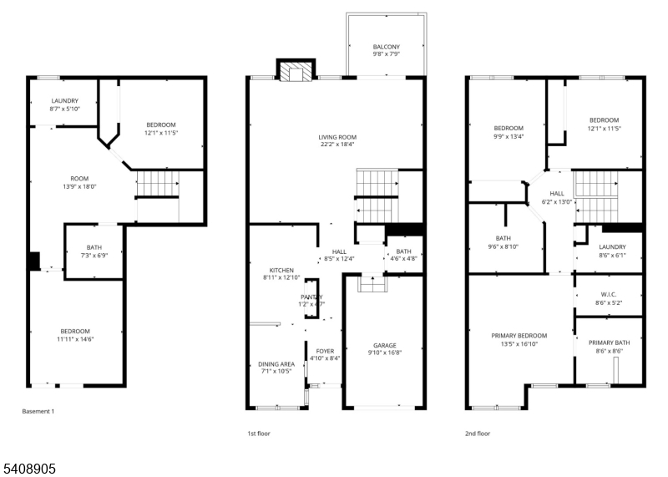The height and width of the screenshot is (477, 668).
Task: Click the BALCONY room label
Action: pos(386,48)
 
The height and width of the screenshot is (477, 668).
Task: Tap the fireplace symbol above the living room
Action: pos(296,73)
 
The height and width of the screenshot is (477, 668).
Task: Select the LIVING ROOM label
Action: pos(337,137)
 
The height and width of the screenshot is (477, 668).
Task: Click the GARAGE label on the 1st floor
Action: pos(384,345)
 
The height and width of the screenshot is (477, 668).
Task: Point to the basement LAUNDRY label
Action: pos(64,101)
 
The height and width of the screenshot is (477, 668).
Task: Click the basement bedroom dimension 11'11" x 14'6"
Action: pos(74,339)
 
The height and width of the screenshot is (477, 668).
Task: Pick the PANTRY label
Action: pos(311,297)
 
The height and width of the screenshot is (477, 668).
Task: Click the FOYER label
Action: pos(324,351)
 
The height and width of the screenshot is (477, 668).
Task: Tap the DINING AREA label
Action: pos(275,364)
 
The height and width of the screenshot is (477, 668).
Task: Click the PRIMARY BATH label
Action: pos(608,343)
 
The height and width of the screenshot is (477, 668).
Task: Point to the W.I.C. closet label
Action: pos(608,294)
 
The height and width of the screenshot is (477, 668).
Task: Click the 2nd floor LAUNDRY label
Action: pos(611,246)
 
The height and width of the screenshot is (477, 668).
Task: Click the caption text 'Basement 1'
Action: pos(38,412)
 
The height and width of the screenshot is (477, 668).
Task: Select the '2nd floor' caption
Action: pos(478,434)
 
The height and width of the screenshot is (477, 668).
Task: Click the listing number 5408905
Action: pos(28,469)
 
